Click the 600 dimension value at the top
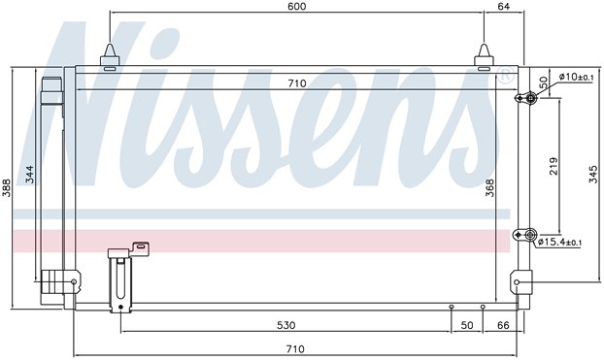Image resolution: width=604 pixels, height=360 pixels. (x=297, y=6)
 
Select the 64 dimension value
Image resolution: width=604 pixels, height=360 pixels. (x=503, y=6)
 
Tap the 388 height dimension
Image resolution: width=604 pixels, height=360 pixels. (x=7, y=187)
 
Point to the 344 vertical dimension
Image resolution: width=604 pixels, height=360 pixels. (x=30, y=175)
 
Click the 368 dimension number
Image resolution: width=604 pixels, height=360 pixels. (x=489, y=187)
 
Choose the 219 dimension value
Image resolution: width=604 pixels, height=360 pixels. (x=554, y=166)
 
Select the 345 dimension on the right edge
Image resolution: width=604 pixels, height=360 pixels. (x=593, y=175)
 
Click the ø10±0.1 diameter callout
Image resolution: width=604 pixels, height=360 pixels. (x=576, y=77)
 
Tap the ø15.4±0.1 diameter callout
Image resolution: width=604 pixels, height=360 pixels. (x=559, y=243)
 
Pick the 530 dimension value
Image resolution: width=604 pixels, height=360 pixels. (x=286, y=325)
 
